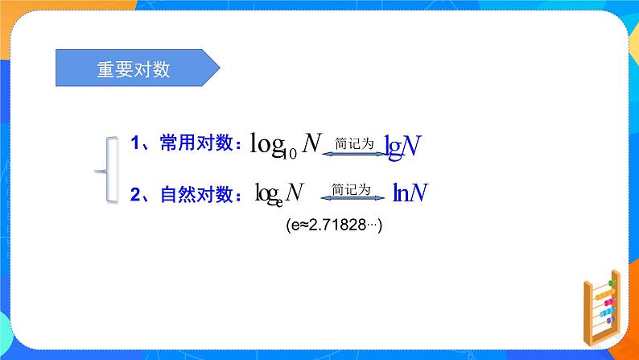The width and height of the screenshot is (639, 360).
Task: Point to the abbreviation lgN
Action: tap(403, 145)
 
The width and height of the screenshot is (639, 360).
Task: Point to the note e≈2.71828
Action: tap(333, 226)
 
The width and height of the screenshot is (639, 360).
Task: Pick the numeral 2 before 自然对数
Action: tap(135, 193)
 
